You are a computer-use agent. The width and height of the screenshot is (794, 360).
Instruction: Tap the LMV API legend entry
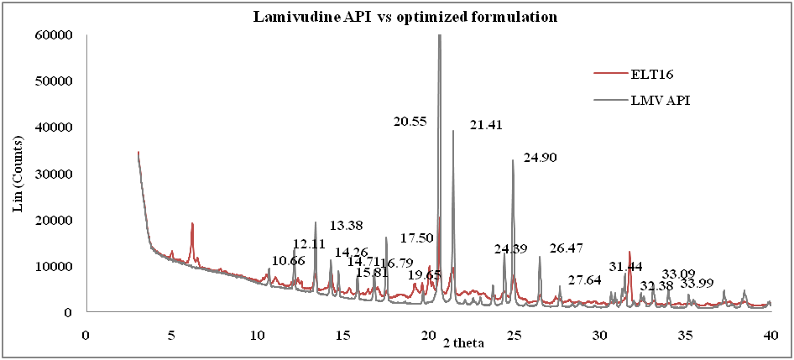click(x=658, y=100)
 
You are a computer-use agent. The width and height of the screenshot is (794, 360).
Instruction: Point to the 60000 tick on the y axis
click(x=54, y=35)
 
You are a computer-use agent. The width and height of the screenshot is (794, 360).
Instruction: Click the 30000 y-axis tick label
click(x=54, y=174)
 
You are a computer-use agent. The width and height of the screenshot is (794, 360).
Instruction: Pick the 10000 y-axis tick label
click(x=54, y=266)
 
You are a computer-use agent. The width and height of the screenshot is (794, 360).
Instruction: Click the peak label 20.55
click(x=410, y=122)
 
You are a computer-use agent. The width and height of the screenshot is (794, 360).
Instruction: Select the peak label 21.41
click(x=486, y=126)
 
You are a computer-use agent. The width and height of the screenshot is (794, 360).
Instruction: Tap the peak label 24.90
click(x=540, y=158)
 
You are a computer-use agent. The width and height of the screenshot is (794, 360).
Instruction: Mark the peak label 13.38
click(x=346, y=225)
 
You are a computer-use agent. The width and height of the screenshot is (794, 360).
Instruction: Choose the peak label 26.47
click(x=567, y=249)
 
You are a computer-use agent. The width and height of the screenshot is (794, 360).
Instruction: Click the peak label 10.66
click(x=288, y=261)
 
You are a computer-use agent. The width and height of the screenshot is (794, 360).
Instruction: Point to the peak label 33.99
click(x=697, y=283)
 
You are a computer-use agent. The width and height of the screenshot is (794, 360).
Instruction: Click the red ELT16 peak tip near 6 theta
click(x=192, y=223)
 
